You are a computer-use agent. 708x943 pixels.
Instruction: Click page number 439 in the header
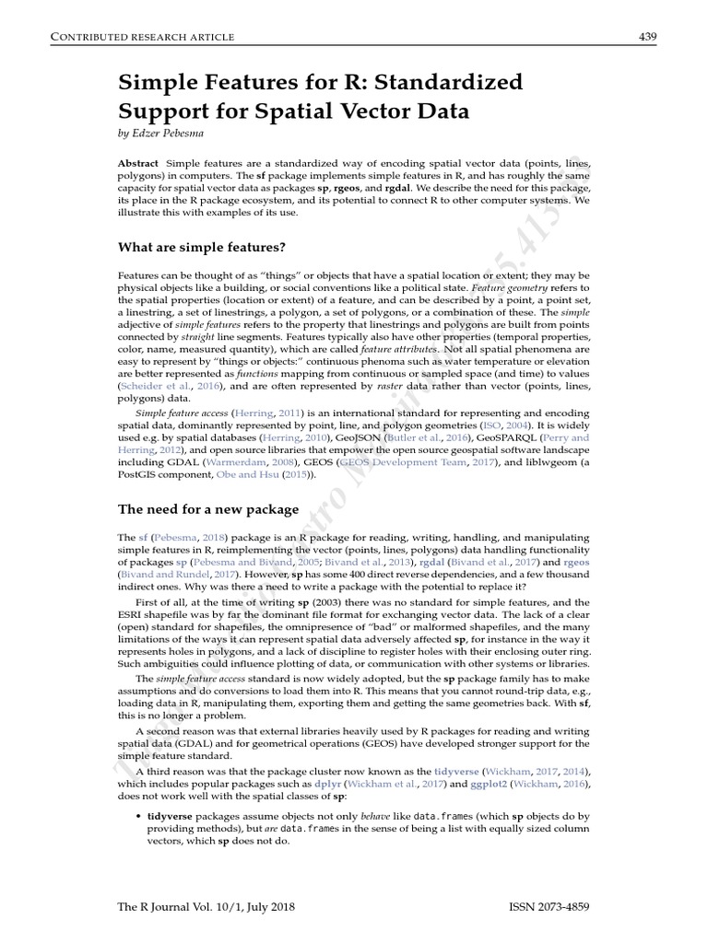pyautogui.click(x=646, y=36)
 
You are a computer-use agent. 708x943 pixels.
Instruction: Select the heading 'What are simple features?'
pyautogui.click(x=202, y=247)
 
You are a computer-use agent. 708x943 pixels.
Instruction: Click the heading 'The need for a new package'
pyautogui.click(x=208, y=508)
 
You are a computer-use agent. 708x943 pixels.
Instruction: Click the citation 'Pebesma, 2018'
pyautogui.click(x=189, y=536)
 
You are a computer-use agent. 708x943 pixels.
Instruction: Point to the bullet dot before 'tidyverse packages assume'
pyautogui.click(x=138, y=817)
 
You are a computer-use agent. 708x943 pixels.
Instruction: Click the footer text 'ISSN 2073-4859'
pyautogui.click(x=549, y=907)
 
